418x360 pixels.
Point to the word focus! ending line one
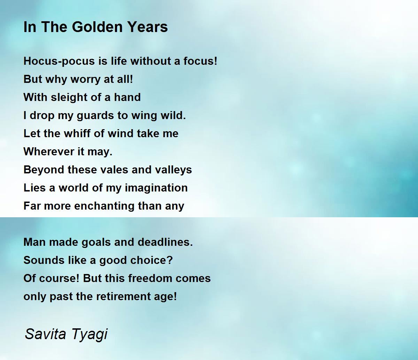[x=200, y=61]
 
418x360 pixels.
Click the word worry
[x=85, y=79]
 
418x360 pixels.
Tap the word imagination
[x=156, y=188]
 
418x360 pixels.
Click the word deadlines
[x=165, y=242]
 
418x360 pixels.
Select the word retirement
[x=123, y=297]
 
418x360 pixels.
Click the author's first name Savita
[x=45, y=334]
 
